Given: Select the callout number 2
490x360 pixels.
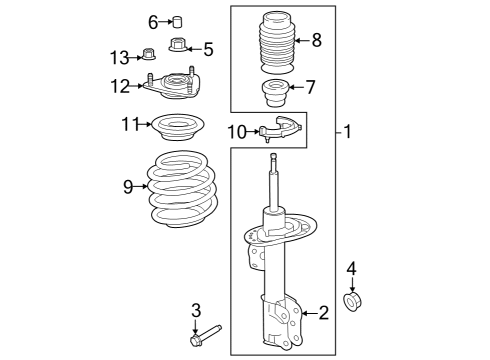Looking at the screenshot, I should pyautogui.click(x=323, y=314).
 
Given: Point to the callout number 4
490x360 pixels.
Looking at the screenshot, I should pyautogui.click(x=351, y=267).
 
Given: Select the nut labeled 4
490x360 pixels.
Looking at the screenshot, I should pyautogui.click(x=352, y=300).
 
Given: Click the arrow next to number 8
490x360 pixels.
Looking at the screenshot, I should pyautogui.click(x=299, y=41).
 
